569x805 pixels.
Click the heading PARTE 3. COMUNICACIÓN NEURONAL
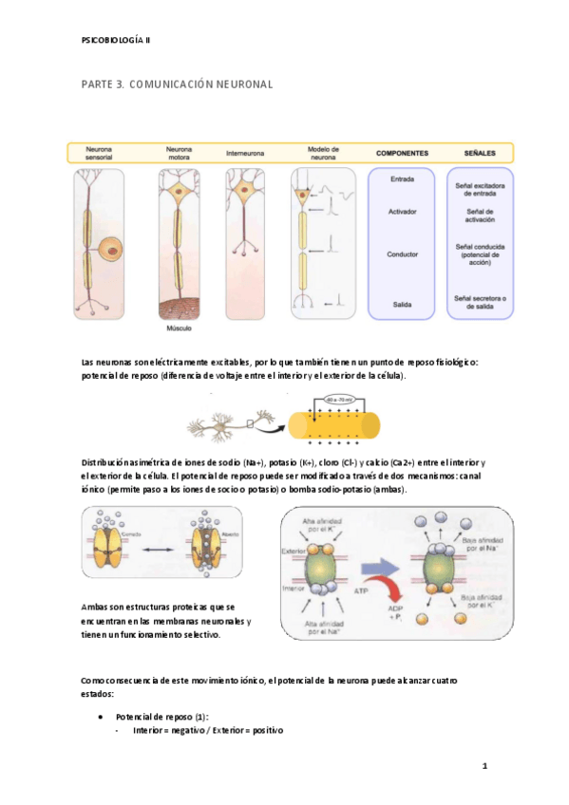[x=178, y=84]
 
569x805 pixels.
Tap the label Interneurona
[x=245, y=153]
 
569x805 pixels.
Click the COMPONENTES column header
[x=402, y=152]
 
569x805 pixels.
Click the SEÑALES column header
[x=479, y=152]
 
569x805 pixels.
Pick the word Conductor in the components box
[x=402, y=254]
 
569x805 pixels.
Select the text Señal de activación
[x=480, y=216]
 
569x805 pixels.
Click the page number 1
[x=484, y=764]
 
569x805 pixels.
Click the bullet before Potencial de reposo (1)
[x=101, y=716]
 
